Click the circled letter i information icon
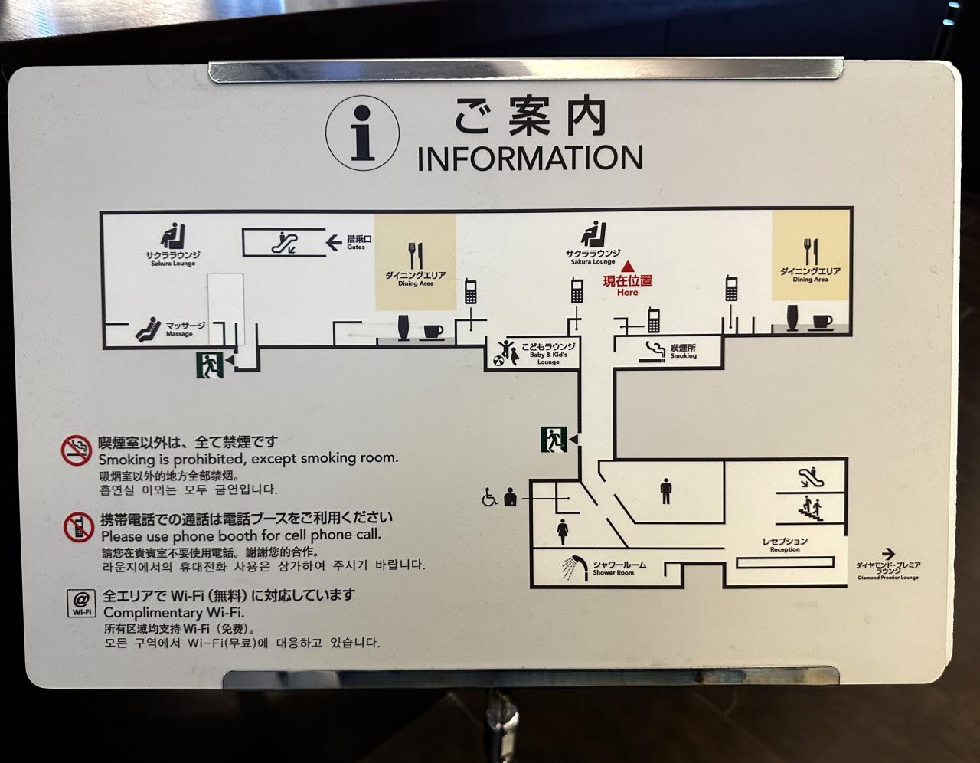point(362,133)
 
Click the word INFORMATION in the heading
point(530,157)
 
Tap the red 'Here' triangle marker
point(628,267)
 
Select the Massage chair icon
point(149,329)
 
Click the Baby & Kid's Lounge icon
point(506,352)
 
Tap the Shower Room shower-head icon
point(575,568)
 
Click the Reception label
point(784,544)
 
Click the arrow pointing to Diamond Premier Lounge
point(888,553)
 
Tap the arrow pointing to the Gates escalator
point(334,243)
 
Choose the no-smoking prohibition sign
point(77,450)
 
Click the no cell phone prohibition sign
point(77,527)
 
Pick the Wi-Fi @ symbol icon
point(81,603)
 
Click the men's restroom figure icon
point(665,491)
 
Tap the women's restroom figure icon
point(563,529)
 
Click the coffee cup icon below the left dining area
point(433,332)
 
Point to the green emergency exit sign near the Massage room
point(209,365)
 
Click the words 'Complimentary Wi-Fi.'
point(173,613)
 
